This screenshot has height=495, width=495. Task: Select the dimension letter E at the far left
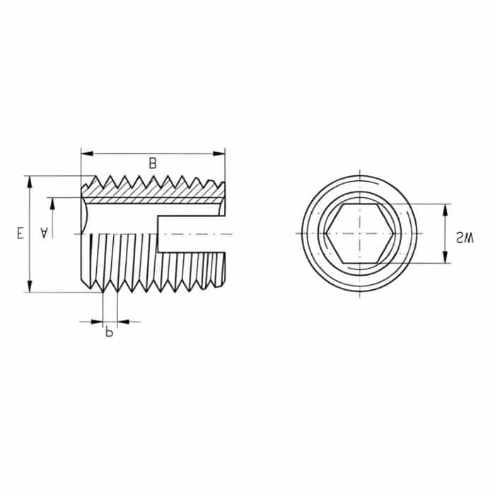(x=21, y=233)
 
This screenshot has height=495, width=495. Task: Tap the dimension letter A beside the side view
(x=45, y=231)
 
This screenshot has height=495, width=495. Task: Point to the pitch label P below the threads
(x=109, y=332)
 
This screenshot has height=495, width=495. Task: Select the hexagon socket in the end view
(x=359, y=233)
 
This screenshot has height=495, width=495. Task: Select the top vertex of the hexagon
(x=359, y=204)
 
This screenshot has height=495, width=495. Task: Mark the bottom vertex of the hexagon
(x=359, y=263)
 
